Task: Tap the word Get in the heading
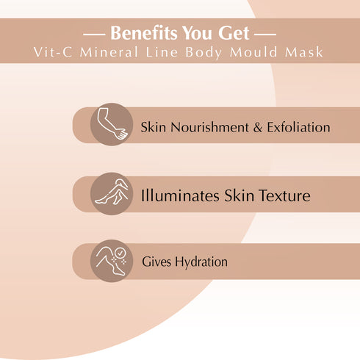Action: pyautogui.click(x=237, y=34)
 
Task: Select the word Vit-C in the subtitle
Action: pyautogui.click(x=54, y=53)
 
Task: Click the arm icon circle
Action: pyautogui.click(x=111, y=124)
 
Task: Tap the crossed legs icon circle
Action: pyautogui.click(x=111, y=194)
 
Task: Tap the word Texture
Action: pyautogui.click(x=281, y=196)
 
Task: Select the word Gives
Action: pyautogui.click(x=156, y=262)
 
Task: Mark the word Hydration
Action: pyautogui.click(x=201, y=262)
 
